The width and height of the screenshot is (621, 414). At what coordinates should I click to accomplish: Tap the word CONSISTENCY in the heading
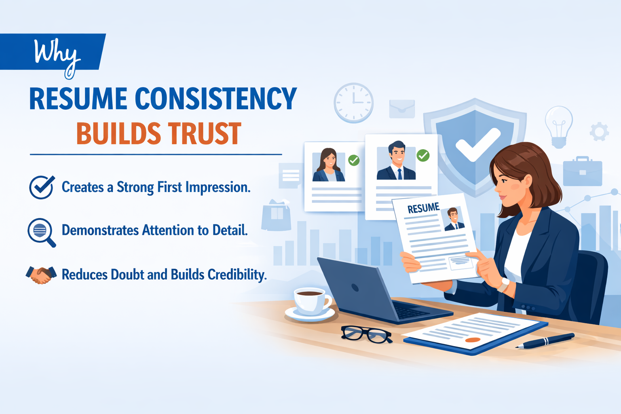point(215,99)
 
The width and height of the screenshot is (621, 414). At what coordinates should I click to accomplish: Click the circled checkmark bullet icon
point(41,187)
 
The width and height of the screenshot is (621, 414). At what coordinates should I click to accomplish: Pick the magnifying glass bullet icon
point(41,232)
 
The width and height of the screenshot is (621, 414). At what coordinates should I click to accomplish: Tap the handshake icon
point(40,275)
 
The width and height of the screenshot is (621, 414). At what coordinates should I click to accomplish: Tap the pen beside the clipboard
point(545,340)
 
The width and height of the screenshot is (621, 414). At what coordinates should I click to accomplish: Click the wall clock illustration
point(353,103)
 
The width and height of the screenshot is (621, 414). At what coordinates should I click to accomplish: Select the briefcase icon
point(583,171)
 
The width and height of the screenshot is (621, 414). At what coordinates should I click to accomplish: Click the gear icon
point(599,131)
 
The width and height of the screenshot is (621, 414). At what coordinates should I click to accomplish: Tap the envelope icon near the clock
point(402,109)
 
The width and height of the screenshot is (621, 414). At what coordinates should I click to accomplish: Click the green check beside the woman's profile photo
point(354,160)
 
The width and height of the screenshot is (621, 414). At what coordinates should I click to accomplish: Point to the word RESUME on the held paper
point(423,208)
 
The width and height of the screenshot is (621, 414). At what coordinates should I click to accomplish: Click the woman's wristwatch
point(504,284)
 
